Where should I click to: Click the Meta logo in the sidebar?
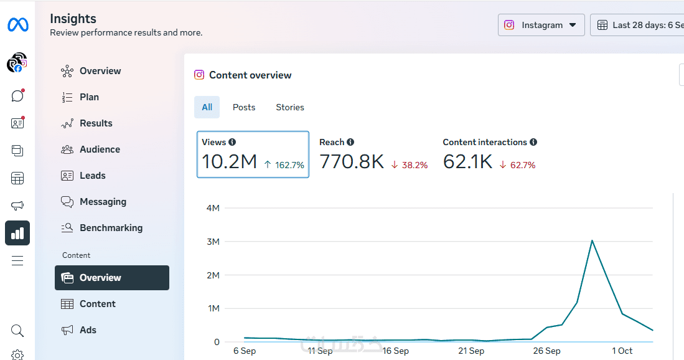17,25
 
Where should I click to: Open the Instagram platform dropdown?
541,25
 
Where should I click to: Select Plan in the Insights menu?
89,97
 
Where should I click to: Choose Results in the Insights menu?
96,123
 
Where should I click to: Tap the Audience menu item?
100,149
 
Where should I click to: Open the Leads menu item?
92,176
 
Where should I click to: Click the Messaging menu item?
103,202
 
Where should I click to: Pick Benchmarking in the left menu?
111,228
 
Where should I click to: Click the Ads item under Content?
88,330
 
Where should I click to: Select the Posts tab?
244,107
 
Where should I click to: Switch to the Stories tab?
290,107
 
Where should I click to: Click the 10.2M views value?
229,162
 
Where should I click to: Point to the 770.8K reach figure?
352,162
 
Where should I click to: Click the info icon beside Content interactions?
533,142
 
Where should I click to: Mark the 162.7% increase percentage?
289,165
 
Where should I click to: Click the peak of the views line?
592,240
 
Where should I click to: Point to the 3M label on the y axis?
213,242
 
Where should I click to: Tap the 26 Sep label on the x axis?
547,351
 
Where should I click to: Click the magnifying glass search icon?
17,330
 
